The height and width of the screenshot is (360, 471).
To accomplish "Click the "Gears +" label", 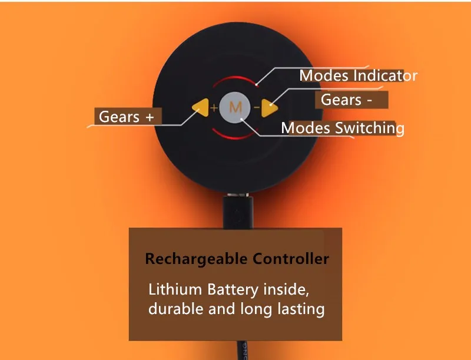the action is [x=126, y=117].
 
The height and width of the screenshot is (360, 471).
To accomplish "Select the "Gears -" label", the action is [x=346, y=100].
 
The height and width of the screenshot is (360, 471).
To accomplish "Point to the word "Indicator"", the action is [x=385, y=76].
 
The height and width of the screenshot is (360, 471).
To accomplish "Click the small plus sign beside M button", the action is [x=214, y=108].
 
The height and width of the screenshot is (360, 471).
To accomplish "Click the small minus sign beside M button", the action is [x=257, y=108].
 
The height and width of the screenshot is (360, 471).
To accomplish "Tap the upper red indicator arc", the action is [x=235, y=78].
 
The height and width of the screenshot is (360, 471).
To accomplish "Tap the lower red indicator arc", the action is [x=235, y=137].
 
